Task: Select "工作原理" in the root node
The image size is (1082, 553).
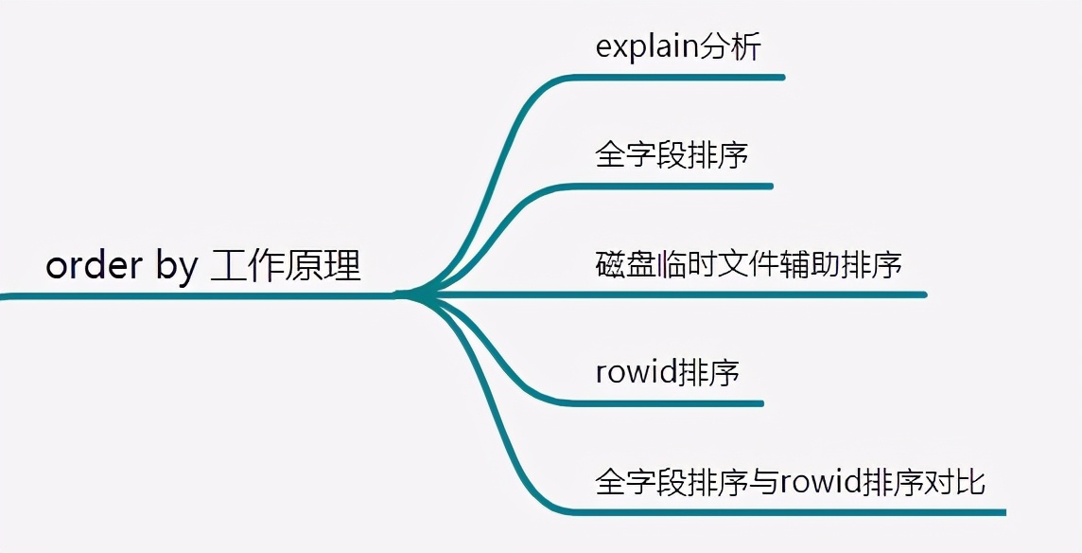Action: pos(286,266)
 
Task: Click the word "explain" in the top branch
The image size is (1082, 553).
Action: pos(647,47)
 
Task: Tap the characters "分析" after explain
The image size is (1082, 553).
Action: pos(730,46)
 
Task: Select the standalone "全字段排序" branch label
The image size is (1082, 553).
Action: pos(672,154)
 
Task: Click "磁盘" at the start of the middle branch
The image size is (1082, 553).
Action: pos(620,264)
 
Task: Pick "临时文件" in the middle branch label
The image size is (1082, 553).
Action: pos(711,264)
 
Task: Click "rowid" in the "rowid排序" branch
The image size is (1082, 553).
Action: pos(637,372)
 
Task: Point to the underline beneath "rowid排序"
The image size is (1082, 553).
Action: pos(667,403)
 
